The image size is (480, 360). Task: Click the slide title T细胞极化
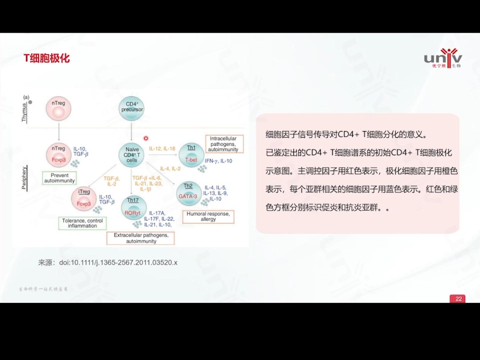[47, 58]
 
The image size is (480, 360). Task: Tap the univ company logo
[443, 59]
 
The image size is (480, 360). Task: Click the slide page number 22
[458, 299]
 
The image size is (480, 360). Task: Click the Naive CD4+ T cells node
[132, 155]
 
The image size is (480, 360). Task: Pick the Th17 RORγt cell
[133, 208]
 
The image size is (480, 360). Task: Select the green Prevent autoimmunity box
[59, 178]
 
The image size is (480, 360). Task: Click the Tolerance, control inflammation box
[82, 223]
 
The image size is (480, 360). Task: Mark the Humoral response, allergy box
[208, 217]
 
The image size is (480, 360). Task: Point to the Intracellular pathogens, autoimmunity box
[223, 144]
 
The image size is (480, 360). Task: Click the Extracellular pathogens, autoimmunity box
[141, 238]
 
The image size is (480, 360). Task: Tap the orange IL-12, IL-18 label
[162, 149]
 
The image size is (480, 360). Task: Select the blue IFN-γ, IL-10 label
[218, 161]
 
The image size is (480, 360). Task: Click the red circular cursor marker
[146, 138]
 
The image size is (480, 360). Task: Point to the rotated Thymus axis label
[24, 112]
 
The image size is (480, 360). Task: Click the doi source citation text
[108, 263]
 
